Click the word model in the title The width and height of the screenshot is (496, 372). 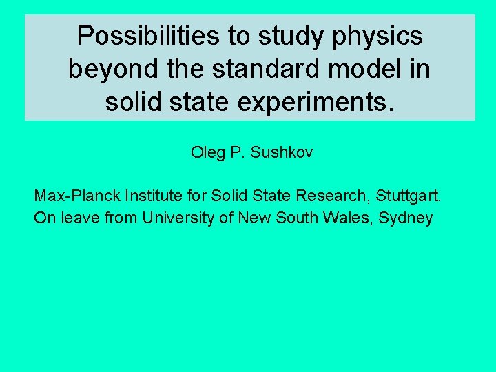coord(361,70)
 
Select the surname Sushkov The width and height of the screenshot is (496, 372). coord(282,152)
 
